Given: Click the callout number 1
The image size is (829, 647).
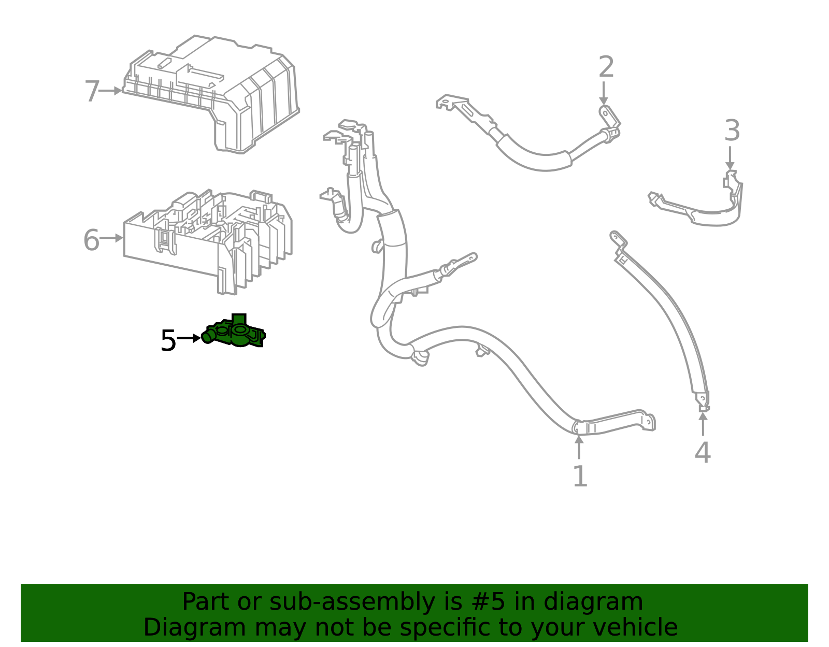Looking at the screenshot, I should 580,477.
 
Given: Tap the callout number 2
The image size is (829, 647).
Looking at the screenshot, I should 606,67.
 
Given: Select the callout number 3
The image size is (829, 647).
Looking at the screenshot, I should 732,131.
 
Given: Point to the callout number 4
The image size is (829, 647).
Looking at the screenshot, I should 702,453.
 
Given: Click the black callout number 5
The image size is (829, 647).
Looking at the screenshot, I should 168,341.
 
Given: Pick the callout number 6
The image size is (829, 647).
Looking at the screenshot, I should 91,240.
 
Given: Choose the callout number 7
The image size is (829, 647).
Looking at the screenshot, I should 92,92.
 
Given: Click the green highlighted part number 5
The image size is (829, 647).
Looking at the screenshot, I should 236,332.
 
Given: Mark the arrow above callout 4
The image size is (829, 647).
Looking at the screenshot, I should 703,423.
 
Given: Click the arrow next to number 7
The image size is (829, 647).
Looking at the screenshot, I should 111,91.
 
